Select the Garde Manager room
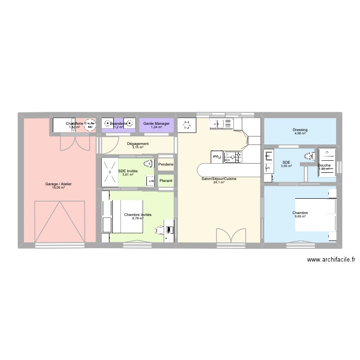pyautogui.click(x=156, y=125)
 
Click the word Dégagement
pyautogui.click(x=138, y=144)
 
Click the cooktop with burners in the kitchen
pyautogui.click(x=234, y=156)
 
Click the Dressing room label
pyautogui.click(x=300, y=130)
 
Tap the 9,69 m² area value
pyautogui.click(x=300, y=217)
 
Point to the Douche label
pyautogui.click(x=324, y=166)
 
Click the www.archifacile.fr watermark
pyautogui.click(x=331, y=260)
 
